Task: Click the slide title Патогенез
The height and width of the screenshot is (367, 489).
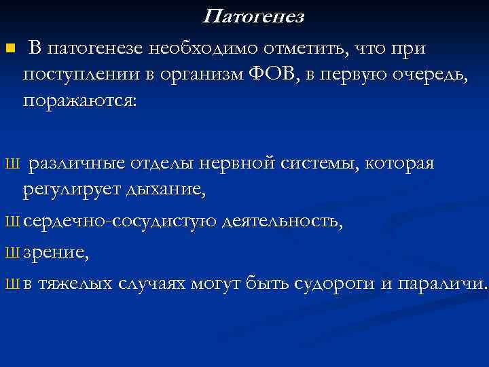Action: (x=254, y=17)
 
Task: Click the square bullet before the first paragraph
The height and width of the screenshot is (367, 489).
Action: (x=9, y=48)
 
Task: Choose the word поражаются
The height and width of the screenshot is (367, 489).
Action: (x=79, y=100)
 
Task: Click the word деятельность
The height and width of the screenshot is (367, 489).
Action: (x=282, y=221)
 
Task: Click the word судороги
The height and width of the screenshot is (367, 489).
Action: (x=334, y=283)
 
